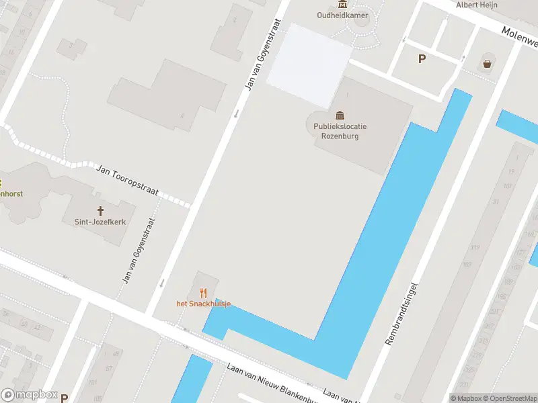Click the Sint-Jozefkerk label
click(x=95, y=222)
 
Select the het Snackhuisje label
click(x=204, y=304)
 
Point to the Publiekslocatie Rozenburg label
click(x=340, y=131)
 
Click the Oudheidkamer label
click(x=342, y=15)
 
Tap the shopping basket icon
click(x=487, y=64)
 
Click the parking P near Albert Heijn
click(x=422, y=58)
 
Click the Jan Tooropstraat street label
click(x=128, y=181)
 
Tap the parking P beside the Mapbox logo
click(x=65, y=398)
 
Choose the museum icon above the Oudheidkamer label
click(x=342, y=4)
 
